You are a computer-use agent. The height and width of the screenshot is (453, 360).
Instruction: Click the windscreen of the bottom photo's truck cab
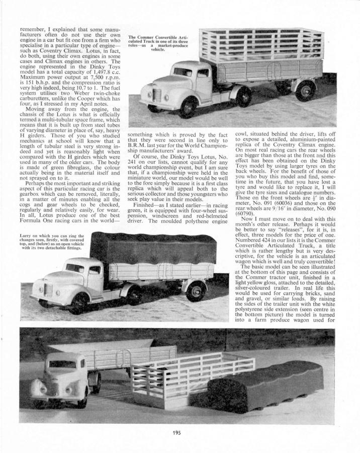pos(62,363)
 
